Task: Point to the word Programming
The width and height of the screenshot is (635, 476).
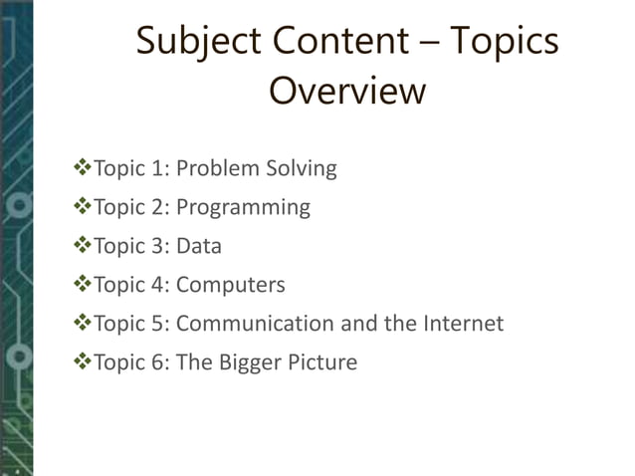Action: (x=243, y=208)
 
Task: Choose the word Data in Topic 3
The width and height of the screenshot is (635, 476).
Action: (x=199, y=246)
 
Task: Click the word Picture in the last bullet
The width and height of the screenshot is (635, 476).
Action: (x=322, y=361)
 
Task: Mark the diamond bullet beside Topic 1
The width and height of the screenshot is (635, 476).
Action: (x=82, y=168)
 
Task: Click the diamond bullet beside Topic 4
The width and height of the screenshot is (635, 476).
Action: (x=82, y=285)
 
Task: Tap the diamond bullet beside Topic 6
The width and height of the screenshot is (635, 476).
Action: (x=82, y=361)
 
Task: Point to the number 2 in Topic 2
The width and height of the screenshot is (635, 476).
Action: (x=158, y=207)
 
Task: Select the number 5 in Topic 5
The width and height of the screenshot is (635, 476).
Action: (x=158, y=324)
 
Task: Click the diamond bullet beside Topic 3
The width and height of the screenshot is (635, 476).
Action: (x=82, y=246)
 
